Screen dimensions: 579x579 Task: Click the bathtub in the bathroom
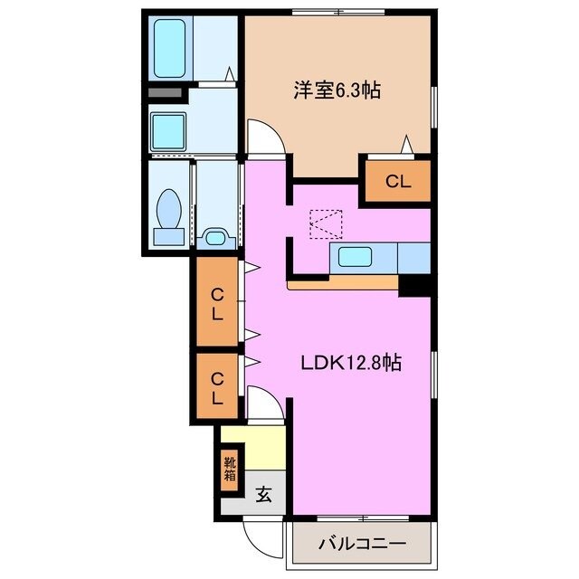click(172, 48)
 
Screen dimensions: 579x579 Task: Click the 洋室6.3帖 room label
click(335, 90)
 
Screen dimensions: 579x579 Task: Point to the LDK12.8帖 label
click(351, 363)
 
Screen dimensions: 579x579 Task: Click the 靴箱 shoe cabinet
click(230, 470)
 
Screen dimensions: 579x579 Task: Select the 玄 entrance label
click(263, 495)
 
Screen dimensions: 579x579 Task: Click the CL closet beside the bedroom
click(398, 181)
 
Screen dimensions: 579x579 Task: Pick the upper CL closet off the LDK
click(217, 302)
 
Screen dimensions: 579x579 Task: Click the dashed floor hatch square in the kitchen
click(326, 223)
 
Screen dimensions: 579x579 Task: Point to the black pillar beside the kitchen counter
click(415, 285)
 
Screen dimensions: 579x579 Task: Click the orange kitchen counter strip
click(344, 284)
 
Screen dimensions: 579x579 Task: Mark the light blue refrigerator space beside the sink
click(413, 258)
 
